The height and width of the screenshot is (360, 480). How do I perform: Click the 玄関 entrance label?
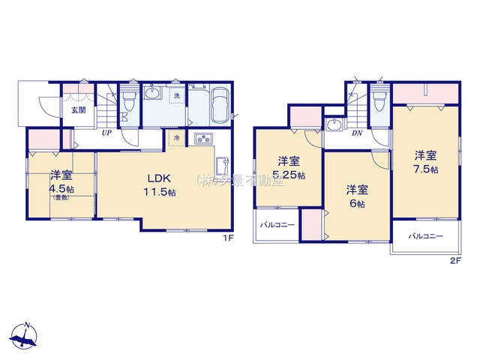tap(77, 110)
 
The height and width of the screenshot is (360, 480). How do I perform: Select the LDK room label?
tap(159, 178)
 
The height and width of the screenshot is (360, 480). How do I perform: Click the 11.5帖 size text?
tap(160, 193)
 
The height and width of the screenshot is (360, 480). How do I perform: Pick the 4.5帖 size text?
tap(61, 188)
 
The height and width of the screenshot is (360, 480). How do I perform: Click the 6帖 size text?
tap(356, 203)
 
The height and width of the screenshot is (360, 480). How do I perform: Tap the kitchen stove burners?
tap(204, 139)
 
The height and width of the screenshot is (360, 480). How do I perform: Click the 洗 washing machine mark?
tap(178, 96)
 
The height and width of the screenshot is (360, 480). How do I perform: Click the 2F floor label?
tap(454, 259)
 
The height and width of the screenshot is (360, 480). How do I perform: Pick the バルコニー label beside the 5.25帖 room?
tap(277, 224)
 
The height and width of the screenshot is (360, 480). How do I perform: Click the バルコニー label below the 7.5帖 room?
tap(425, 236)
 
